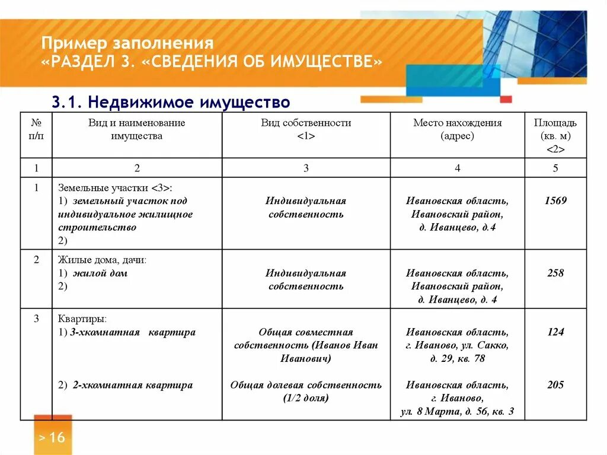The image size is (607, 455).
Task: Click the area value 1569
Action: click(x=555, y=201)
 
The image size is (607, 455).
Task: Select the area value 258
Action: click(x=555, y=273)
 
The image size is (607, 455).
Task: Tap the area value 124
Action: click(x=555, y=332)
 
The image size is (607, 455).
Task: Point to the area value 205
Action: click(x=555, y=385)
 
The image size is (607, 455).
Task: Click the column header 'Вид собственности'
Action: click(x=306, y=129)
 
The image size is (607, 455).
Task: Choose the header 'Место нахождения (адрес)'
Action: click(x=457, y=129)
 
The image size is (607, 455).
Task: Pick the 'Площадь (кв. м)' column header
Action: click(x=555, y=135)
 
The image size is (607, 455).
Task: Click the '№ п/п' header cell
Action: click(x=36, y=129)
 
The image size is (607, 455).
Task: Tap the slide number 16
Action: click(x=52, y=438)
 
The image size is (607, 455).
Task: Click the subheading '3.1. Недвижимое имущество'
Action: click(x=171, y=102)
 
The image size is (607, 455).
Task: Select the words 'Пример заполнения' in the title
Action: click(x=127, y=44)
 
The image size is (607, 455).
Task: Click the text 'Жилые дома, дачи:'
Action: click(x=102, y=260)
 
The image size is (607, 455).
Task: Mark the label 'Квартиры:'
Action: click(x=82, y=319)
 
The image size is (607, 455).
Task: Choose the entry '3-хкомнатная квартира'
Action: click(x=133, y=332)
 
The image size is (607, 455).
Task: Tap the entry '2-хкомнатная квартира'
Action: click(x=133, y=385)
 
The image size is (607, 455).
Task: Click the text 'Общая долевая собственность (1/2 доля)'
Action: click(x=306, y=392)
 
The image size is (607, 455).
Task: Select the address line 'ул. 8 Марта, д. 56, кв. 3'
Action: click(x=457, y=411)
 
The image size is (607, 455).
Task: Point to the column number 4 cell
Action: click(x=457, y=168)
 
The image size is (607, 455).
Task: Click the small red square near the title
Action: click(x=506, y=99)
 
